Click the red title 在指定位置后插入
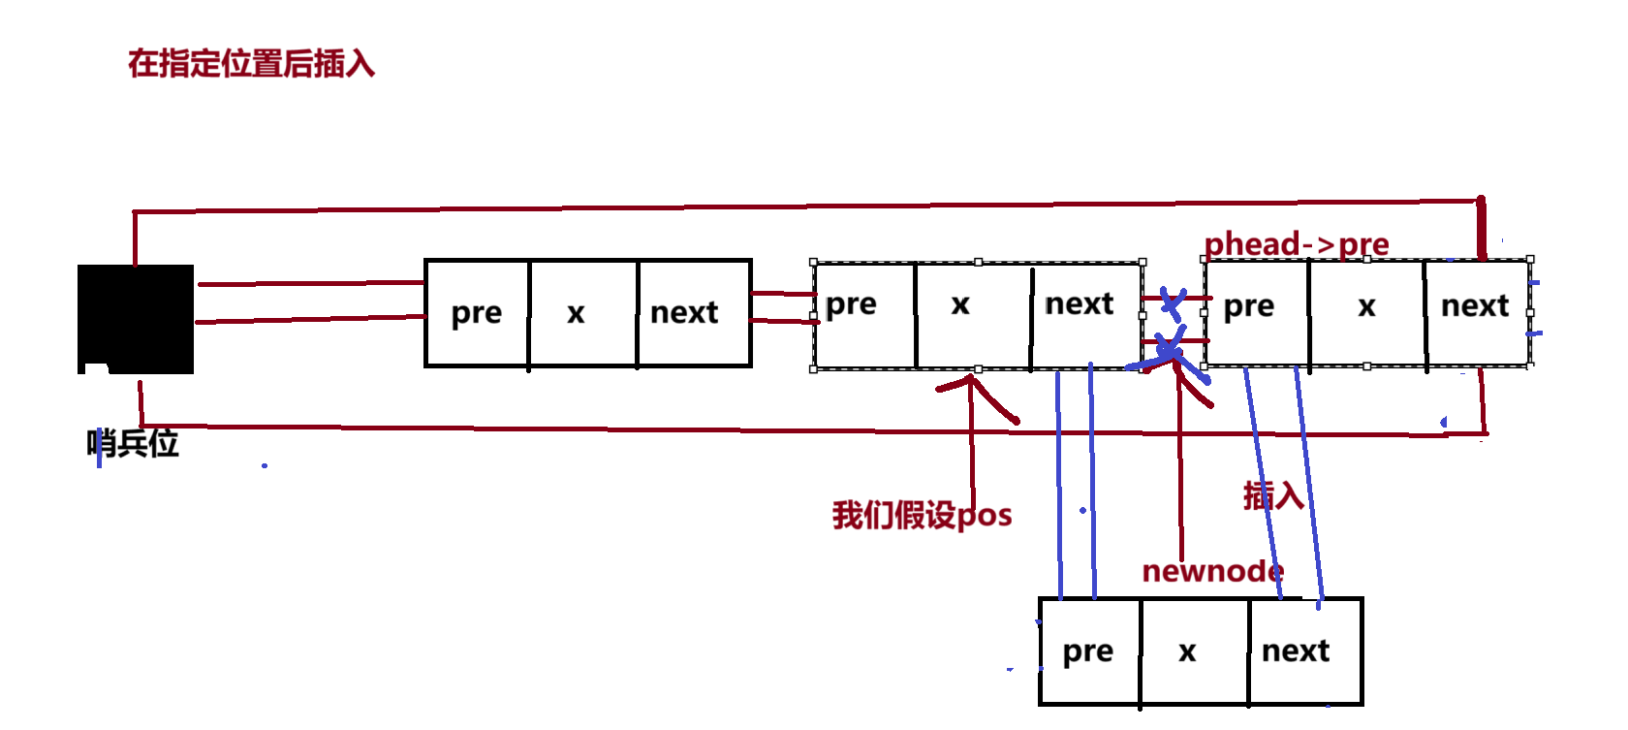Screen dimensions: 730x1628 point(251,64)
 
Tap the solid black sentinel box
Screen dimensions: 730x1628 point(136,319)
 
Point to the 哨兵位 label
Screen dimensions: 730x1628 point(133,444)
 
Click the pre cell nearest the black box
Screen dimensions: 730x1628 point(477,313)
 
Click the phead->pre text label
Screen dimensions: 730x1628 point(1296,244)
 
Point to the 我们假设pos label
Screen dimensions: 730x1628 point(922,515)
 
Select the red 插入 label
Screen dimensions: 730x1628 point(1273,495)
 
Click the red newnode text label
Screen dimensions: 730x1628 point(1212,571)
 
